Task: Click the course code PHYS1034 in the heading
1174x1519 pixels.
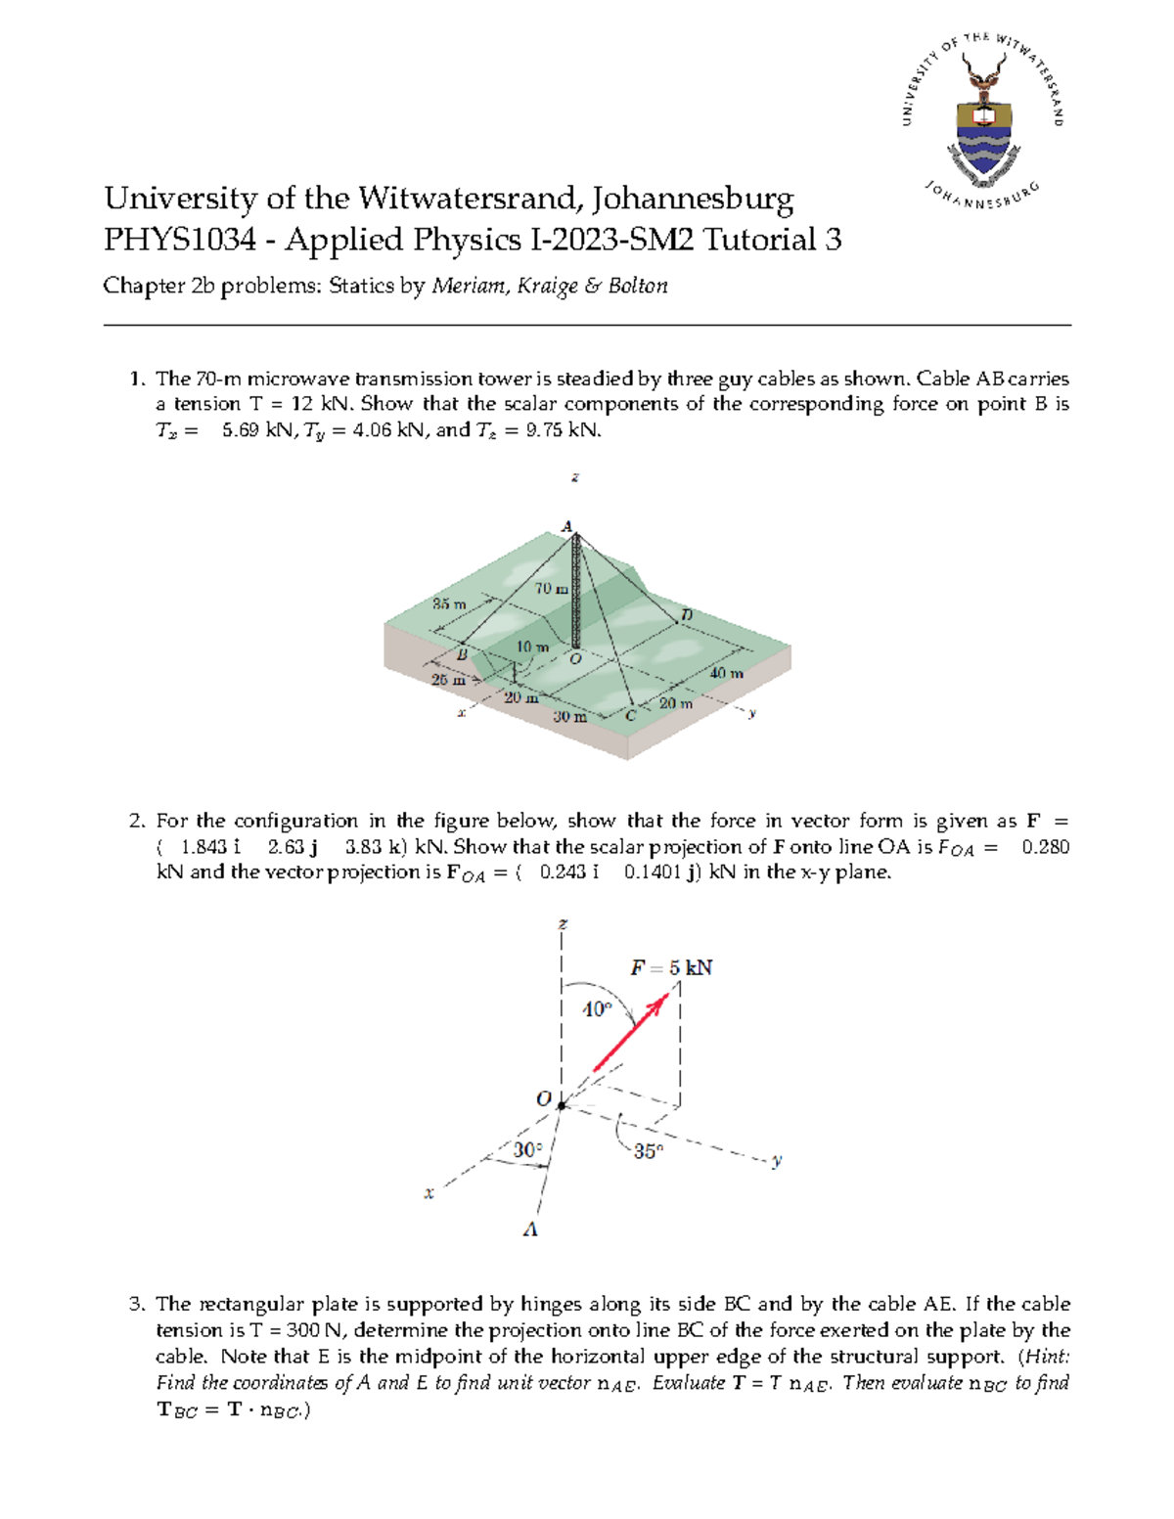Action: (180, 240)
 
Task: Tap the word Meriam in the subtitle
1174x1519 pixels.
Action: (466, 287)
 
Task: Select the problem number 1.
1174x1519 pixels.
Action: (137, 379)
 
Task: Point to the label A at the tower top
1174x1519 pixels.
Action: (566, 526)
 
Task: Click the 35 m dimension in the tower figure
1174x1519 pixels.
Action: (449, 604)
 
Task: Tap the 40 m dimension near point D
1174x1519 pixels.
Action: (726, 674)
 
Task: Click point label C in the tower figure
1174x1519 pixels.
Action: (631, 716)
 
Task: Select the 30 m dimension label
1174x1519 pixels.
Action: (569, 717)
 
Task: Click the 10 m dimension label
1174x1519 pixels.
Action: (532, 647)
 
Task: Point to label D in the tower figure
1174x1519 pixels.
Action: (686, 614)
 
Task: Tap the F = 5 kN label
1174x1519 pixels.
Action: (671, 968)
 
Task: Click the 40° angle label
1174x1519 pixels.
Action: (597, 1009)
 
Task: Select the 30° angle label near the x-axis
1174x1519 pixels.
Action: (527, 1150)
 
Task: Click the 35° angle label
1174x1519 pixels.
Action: (648, 1152)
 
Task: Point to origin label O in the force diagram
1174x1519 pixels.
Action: (543, 1098)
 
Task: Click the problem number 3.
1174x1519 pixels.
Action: (137, 1305)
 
